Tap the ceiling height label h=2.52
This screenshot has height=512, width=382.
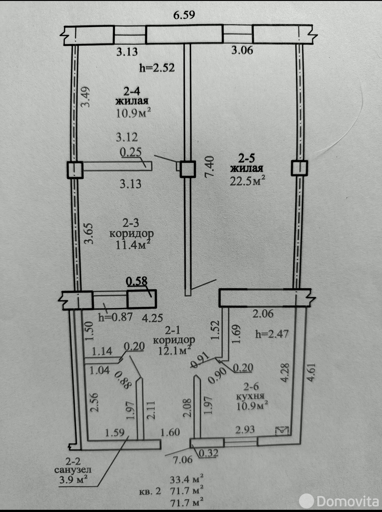coord(157,68)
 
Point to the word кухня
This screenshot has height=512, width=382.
coord(250,396)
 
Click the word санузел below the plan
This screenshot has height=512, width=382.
coord(73,469)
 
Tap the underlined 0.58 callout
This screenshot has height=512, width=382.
coord(137,281)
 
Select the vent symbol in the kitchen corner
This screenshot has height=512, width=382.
coord(282,431)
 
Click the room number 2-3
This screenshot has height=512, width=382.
coord(131,223)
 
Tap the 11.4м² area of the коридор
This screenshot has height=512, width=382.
coord(131,245)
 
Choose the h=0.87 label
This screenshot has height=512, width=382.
coord(115,317)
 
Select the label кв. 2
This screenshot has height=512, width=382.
coord(150,491)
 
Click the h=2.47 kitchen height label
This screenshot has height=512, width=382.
coord(272,334)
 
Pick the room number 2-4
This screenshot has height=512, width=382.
coord(132,92)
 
